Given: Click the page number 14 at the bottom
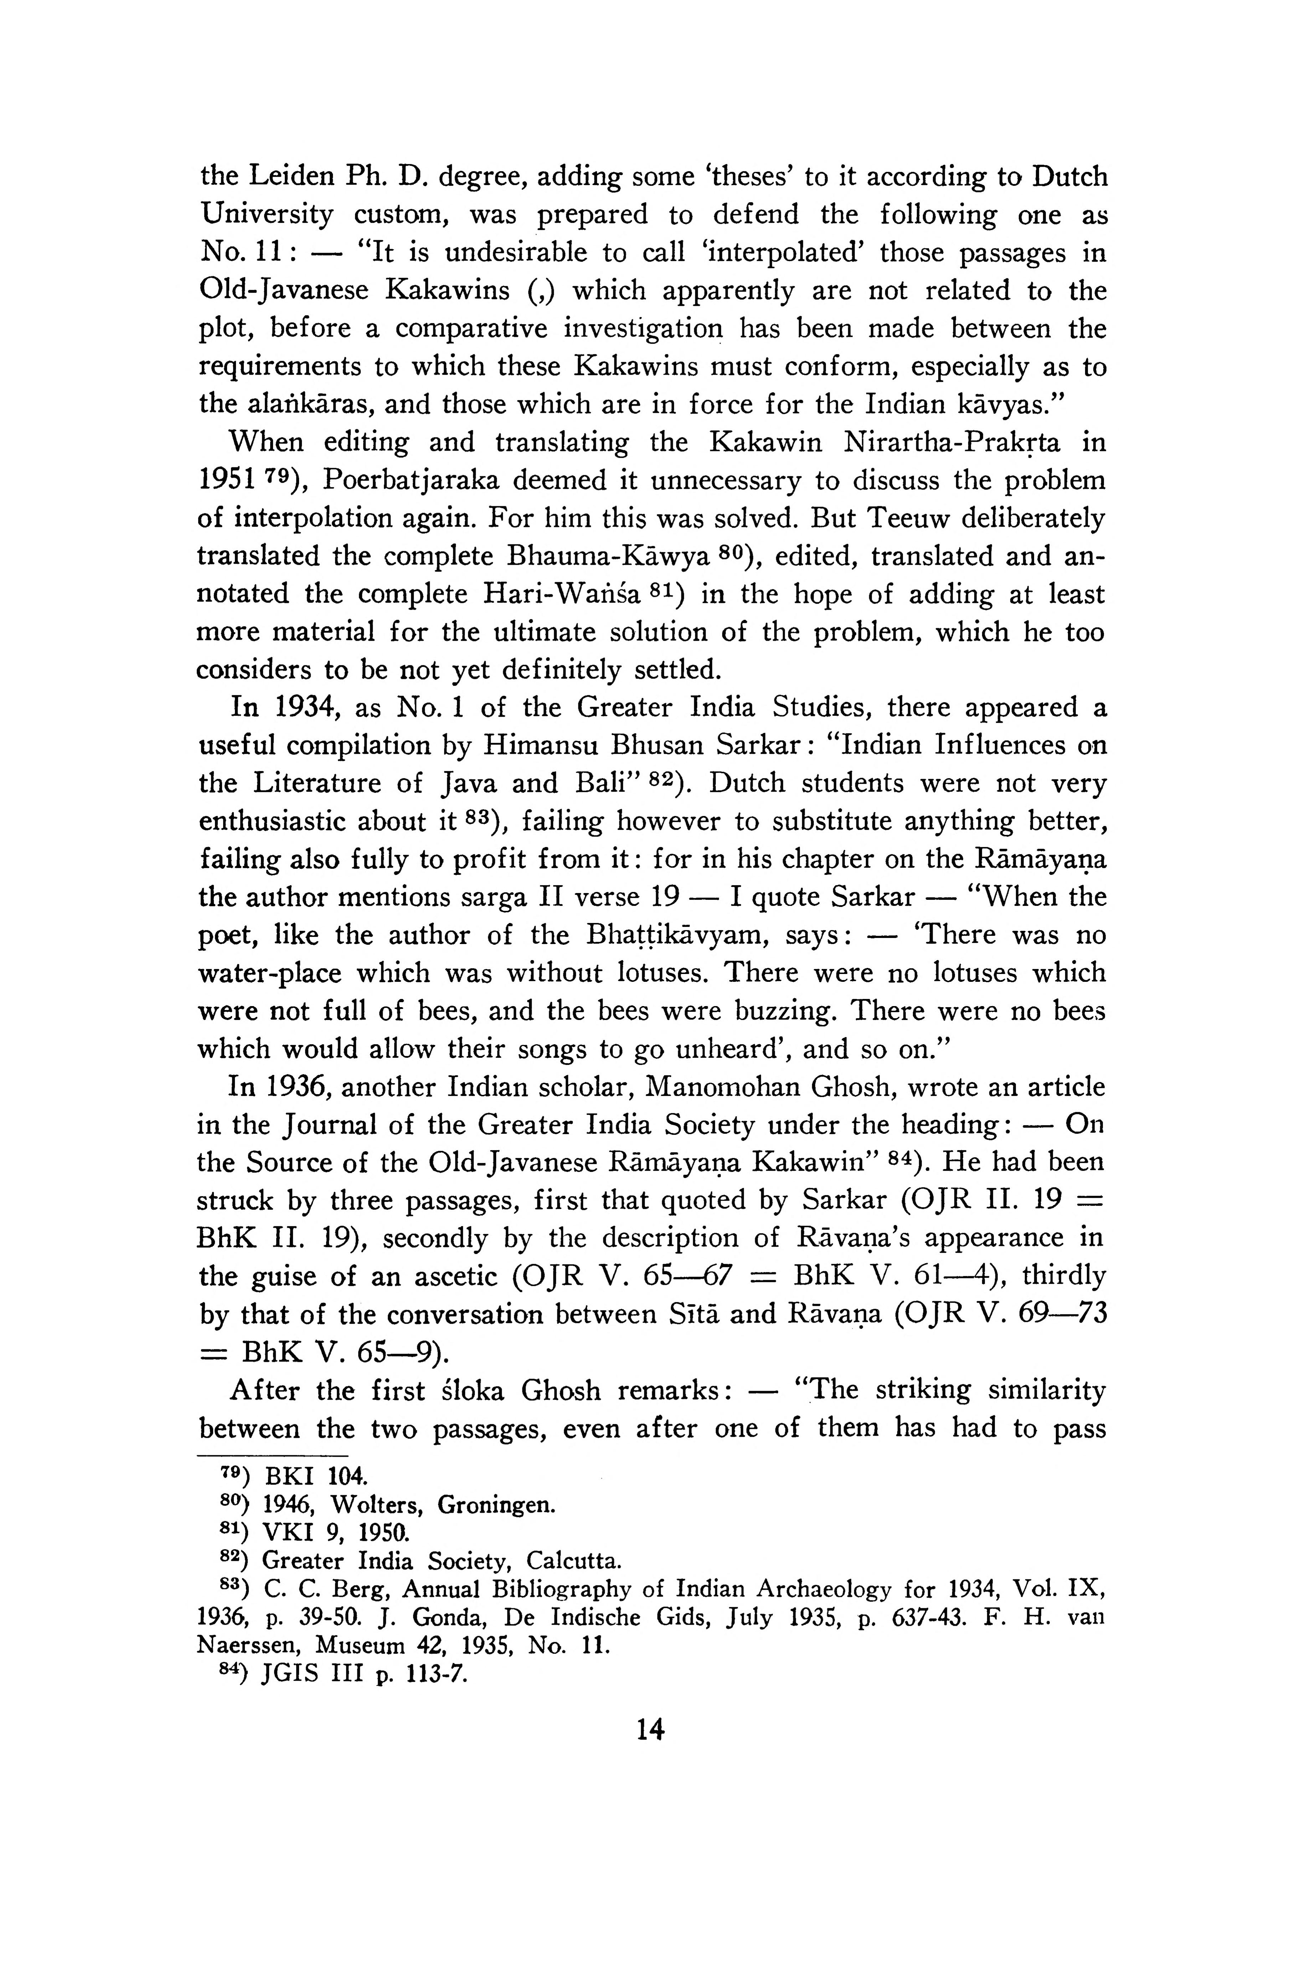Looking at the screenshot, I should coord(650,1731).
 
